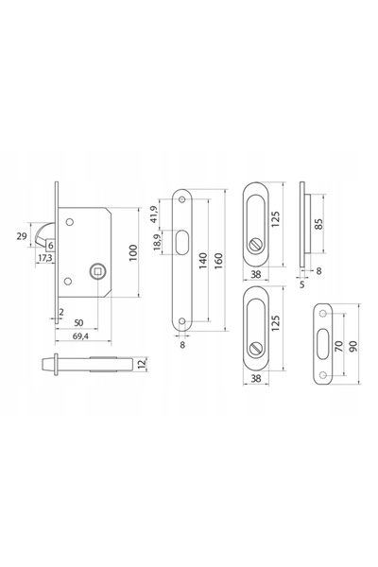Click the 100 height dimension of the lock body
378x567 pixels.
tap(133, 252)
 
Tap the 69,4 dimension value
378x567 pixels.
tap(81, 335)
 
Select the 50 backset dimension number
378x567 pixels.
tap(78, 322)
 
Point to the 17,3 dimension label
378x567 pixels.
tap(45, 258)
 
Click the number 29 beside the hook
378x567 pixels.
tap(22, 236)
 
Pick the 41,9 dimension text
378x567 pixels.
tap(153, 215)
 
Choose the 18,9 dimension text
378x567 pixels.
tap(157, 242)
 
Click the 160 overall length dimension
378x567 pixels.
tap(218, 261)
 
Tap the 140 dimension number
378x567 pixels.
tap(203, 261)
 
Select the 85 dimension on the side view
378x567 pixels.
tap(318, 223)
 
